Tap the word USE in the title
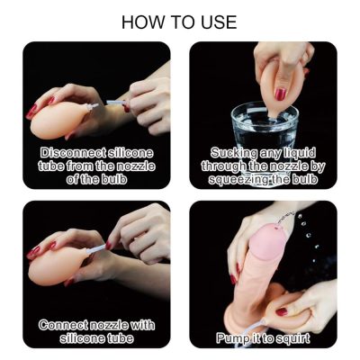click(220, 22)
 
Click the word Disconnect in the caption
click(73, 153)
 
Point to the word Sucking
click(234, 153)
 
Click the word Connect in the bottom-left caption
click(63, 325)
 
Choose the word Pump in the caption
click(230, 338)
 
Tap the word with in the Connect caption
click(143, 325)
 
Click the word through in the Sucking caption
click(223, 166)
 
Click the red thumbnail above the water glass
click(281, 94)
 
